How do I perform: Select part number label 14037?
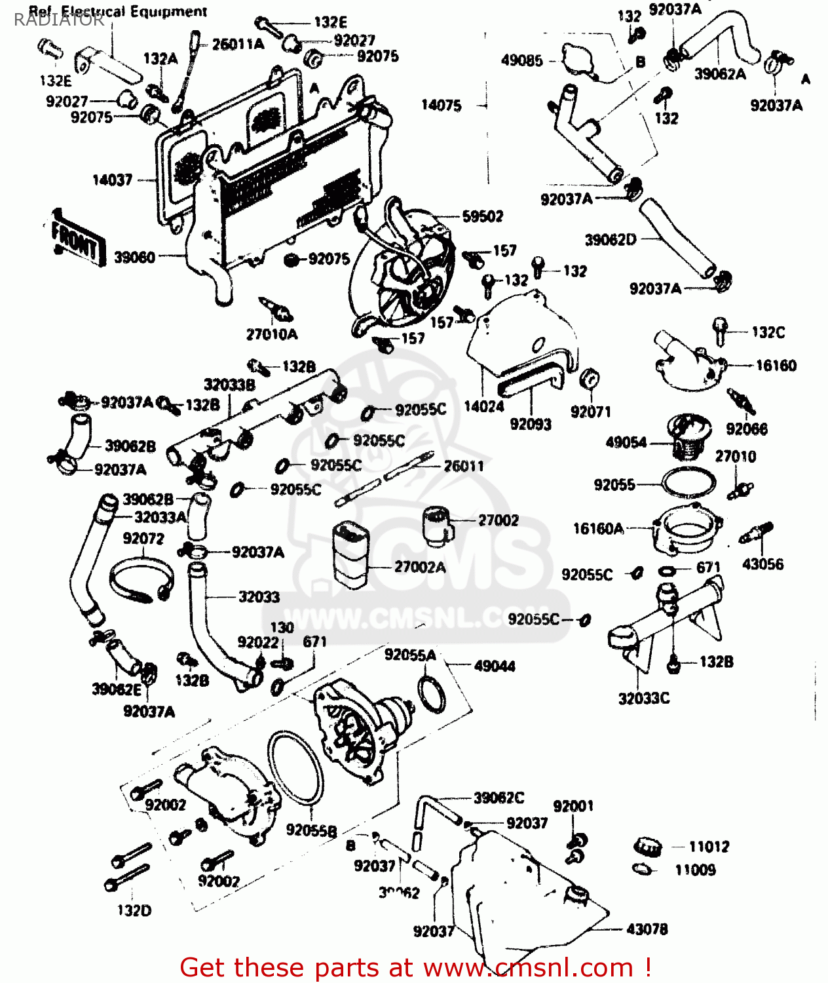click(112, 180)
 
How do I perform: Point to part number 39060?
click(134, 258)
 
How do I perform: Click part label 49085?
click(522, 61)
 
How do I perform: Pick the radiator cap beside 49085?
click(580, 60)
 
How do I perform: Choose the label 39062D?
click(610, 240)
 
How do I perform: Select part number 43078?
click(647, 929)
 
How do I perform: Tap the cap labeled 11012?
click(647, 846)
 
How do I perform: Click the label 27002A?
click(420, 567)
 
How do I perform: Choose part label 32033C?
click(644, 699)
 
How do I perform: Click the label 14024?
click(484, 407)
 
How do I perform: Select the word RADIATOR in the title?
click(59, 20)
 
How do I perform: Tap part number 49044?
click(495, 666)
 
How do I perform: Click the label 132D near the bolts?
click(134, 910)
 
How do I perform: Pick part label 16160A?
click(598, 528)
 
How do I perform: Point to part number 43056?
click(762, 564)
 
